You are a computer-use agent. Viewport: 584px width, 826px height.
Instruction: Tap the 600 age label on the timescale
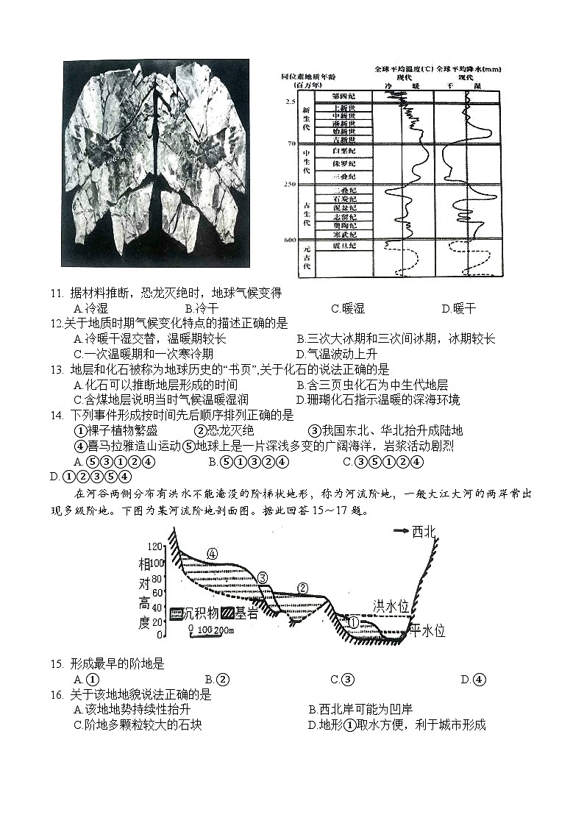[x=290, y=241]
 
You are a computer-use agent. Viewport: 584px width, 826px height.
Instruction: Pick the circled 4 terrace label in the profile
[x=212, y=553]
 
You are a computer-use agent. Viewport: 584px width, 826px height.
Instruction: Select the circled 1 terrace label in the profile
[x=352, y=622]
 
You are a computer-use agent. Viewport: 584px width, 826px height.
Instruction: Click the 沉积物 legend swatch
[x=177, y=613]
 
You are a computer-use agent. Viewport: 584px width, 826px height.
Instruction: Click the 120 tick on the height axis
[x=156, y=546]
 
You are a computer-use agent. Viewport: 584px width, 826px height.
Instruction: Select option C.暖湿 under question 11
[x=348, y=309]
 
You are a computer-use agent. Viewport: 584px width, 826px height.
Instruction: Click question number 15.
[x=56, y=664]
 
